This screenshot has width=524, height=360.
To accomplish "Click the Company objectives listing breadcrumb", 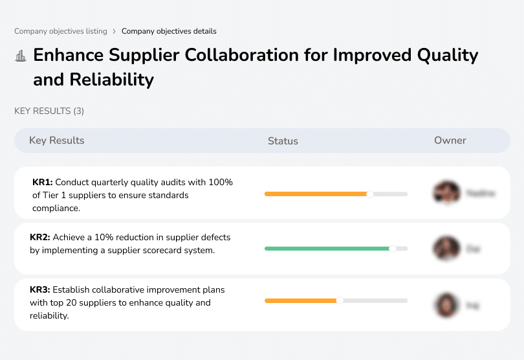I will point(60,31).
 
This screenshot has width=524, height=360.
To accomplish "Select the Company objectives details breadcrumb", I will point(169,31).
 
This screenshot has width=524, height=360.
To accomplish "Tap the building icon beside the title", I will point(20,56).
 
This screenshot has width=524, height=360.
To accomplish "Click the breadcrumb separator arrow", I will point(115,31).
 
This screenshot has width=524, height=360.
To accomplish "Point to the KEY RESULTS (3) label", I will point(49,111).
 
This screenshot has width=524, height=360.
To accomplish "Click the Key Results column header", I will point(56,141).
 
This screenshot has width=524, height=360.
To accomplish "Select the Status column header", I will point(283,141).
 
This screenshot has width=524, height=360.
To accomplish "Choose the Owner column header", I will point(450,141).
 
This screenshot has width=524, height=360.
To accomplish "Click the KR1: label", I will point(42,183).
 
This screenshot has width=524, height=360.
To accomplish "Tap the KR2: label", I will point(40,238).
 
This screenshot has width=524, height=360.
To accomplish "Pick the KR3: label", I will point(40,290).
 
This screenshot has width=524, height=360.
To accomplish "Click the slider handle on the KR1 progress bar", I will point(370,194).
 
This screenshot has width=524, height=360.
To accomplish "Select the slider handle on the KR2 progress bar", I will point(392,248).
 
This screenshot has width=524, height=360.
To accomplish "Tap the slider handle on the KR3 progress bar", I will point(340,300).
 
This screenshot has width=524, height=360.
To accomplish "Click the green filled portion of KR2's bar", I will point(327,248).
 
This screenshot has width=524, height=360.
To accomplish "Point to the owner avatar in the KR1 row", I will point(446,193).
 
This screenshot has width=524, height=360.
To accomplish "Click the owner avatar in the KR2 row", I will point(446,248).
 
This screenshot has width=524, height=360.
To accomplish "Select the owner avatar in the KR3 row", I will point(446,304).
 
